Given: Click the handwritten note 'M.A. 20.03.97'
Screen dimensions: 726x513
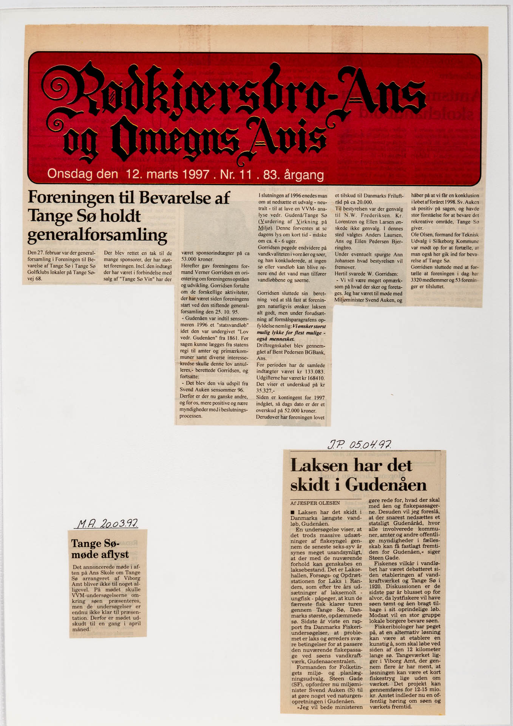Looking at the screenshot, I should (107, 524).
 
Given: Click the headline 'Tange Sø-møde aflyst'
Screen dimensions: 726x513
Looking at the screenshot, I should (100, 549).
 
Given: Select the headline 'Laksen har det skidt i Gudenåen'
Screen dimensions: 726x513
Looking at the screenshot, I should (358, 475).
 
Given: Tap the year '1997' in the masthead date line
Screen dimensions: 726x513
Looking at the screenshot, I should (195, 174).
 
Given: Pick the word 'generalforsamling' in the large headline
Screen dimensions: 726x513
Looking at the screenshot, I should (97, 235).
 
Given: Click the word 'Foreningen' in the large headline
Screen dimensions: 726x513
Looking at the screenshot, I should (71, 197).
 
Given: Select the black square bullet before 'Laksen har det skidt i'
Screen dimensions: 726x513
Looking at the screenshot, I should (293, 512).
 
